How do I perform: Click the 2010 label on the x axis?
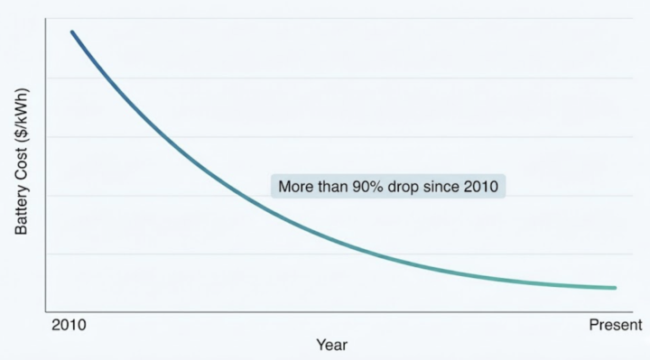pos(69,325)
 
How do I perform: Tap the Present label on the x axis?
pos(615,325)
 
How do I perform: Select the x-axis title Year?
pos(331,345)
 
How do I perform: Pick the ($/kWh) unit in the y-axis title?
pos(23,120)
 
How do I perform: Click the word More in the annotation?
pos(294,187)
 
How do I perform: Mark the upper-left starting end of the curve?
pos(72,32)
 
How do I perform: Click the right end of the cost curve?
pos(615,288)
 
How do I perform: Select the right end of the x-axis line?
pos(641,311)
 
